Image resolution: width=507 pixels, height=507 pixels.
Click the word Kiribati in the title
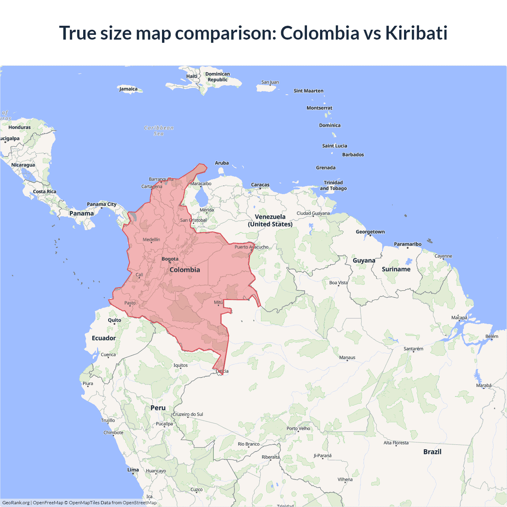(x=416, y=33)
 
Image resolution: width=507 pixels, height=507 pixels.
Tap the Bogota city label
(x=170, y=259)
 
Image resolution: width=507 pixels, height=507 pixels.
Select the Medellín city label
(x=151, y=240)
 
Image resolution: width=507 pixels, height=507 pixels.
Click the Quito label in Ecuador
(x=114, y=320)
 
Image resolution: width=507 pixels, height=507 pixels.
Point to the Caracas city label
(x=260, y=185)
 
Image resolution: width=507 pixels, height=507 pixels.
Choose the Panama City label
(x=102, y=204)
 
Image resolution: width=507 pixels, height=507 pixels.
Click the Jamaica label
(x=128, y=89)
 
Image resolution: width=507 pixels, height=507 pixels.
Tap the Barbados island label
(x=353, y=155)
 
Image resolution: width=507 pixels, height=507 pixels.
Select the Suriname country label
(x=396, y=269)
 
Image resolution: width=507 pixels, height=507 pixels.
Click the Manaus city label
(x=347, y=358)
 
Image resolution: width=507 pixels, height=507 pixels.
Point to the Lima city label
(x=133, y=470)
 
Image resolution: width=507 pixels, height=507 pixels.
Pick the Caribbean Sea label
(x=159, y=131)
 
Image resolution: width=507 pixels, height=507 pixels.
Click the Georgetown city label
(x=370, y=232)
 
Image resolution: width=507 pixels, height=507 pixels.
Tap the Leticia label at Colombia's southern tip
(x=222, y=371)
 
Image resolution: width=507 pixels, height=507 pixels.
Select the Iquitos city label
(x=181, y=366)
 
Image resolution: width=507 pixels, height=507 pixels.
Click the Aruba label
(x=222, y=163)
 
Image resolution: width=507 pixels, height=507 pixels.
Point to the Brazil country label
(x=432, y=452)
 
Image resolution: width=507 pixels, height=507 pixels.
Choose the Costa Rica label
(x=45, y=192)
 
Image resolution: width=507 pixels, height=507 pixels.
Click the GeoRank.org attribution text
(x=16, y=503)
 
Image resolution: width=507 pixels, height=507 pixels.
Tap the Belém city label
(x=492, y=337)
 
